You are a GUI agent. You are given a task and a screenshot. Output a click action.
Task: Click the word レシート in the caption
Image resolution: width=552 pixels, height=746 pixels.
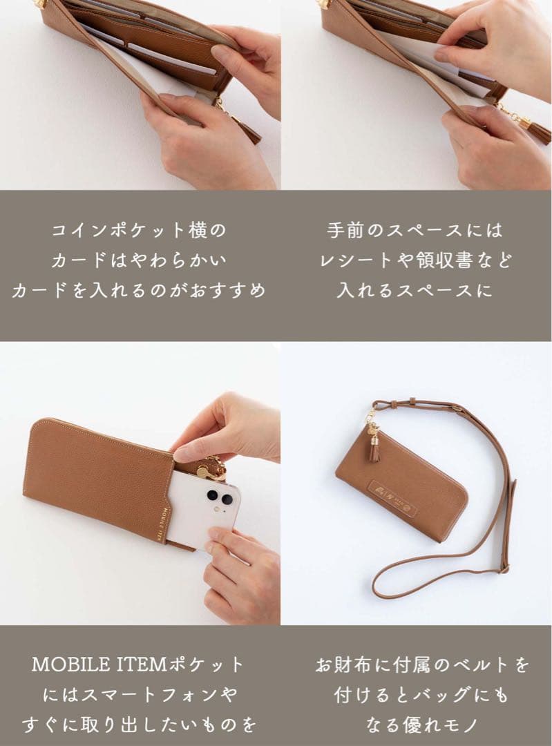[x=360, y=260]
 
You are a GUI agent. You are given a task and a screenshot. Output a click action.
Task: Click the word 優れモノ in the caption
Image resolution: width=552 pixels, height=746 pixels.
[x=437, y=725]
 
